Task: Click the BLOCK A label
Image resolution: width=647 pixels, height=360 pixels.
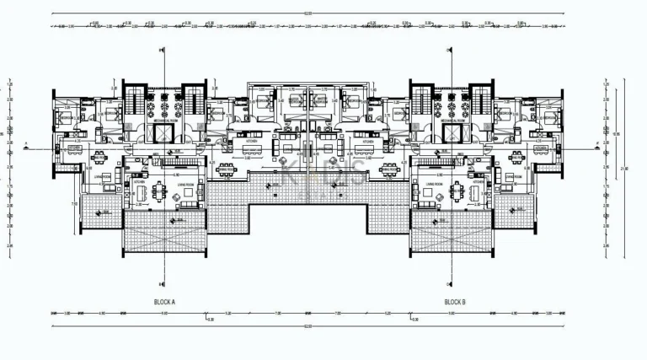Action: (164, 301)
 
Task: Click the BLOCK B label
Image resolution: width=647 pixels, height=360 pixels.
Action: (455, 301)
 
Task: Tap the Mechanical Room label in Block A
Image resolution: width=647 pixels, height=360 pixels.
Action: (165, 121)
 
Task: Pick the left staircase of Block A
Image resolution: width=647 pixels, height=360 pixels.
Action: (135, 101)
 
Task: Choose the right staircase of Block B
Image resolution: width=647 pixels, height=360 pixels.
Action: (481, 101)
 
